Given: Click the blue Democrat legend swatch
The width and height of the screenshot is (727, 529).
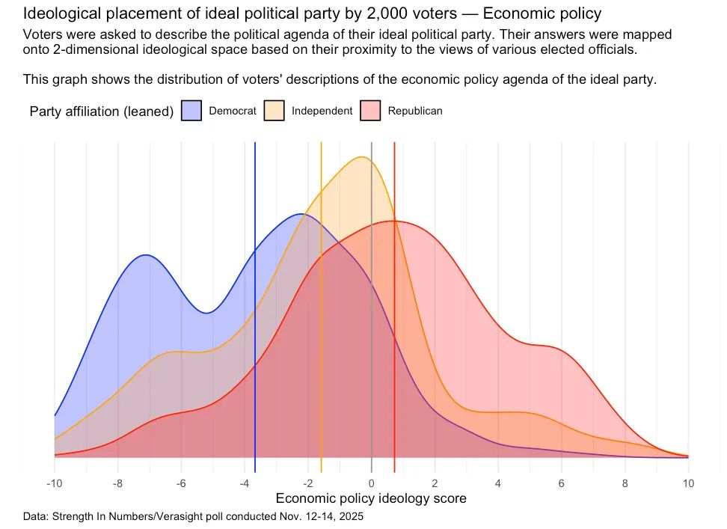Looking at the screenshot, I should (x=192, y=111).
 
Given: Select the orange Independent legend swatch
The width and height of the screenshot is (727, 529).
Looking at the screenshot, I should (x=274, y=111).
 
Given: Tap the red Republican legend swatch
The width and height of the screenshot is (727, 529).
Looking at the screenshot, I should (x=371, y=111).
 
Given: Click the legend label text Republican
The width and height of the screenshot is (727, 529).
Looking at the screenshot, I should (x=415, y=111).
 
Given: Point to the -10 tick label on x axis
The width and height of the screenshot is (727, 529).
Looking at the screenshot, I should (x=54, y=483).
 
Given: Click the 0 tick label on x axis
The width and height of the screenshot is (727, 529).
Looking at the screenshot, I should (x=372, y=483).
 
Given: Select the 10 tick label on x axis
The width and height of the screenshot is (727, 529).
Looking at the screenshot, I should (x=688, y=483).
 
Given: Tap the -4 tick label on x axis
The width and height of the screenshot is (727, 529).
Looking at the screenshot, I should (x=245, y=483).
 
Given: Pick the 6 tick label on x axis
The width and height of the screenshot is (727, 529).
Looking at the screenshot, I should (x=562, y=483).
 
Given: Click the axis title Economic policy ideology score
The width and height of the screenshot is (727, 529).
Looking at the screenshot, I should (x=371, y=498).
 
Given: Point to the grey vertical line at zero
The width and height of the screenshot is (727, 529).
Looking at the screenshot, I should (x=372, y=337).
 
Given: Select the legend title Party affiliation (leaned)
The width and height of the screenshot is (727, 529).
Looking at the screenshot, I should (x=102, y=111).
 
